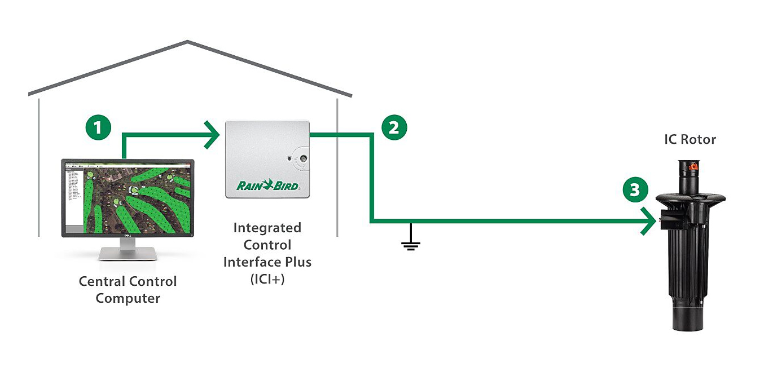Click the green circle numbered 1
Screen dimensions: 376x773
(x=98, y=127)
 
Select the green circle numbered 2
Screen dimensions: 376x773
(x=393, y=127)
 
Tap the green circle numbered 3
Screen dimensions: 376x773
(x=635, y=190)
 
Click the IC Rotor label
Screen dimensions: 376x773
(x=689, y=139)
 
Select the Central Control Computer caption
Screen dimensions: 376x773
(x=128, y=289)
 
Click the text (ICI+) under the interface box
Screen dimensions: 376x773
(x=267, y=279)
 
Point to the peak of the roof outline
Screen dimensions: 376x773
(x=188, y=42)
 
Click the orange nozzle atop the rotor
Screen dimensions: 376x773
(x=690, y=166)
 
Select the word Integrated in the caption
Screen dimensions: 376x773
(x=267, y=228)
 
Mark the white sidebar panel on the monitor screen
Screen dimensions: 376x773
(x=74, y=197)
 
